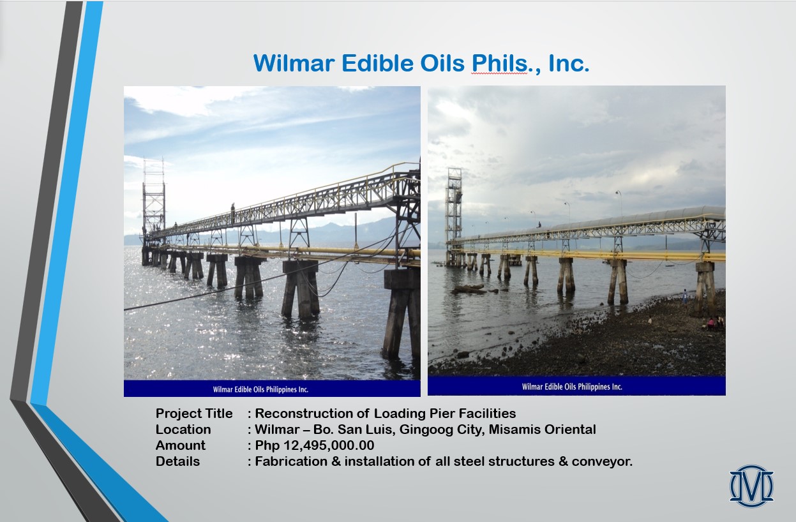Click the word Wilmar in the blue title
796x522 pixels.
pos(294,63)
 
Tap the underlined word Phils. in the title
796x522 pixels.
pos(500,63)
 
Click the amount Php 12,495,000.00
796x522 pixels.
pos(315,445)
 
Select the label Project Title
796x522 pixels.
pos(194,414)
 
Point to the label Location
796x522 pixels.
pos(183,429)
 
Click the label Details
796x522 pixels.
pos(177,461)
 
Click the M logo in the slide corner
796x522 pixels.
pos(751,486)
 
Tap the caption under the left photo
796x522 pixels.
pos(260,389)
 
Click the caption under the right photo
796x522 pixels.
pos(572,387)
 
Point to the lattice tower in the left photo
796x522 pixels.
pos(153,199)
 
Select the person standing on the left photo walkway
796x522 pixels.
pos(233,213)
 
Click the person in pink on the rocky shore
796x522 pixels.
pos(710,323)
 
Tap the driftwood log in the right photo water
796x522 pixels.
pos(469,289)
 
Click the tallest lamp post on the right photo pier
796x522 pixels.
pos(619,203)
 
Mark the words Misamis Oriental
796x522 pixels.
pos(543,429)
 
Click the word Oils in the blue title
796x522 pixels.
pos(442,63)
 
